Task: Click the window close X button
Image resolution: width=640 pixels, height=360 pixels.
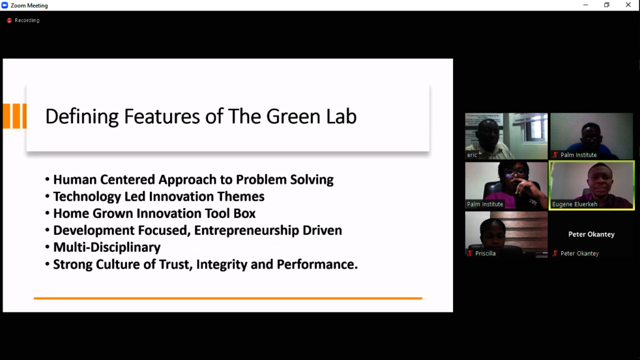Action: coord(628,5)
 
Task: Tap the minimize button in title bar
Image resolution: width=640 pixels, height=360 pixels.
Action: coord(586,5)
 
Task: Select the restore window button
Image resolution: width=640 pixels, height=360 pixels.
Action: coord(607,5)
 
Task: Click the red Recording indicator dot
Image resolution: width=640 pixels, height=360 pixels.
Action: coord(9,21)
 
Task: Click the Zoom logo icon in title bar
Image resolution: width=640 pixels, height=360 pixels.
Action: coord(4,5)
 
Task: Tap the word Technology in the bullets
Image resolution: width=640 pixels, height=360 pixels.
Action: coord(87,197)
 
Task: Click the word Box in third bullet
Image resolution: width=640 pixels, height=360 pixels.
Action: coord(244,214)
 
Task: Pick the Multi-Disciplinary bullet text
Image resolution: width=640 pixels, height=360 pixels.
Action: coord(107,247)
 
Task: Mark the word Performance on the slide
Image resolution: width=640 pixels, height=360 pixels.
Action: coord(317,264)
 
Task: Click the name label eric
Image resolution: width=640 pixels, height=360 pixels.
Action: coord(472,155)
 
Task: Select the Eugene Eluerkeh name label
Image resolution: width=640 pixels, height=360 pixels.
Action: coord(575,204)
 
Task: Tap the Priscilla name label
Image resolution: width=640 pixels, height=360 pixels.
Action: coord(485,254)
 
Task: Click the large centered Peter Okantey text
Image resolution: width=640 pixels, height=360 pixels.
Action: coord(591,234)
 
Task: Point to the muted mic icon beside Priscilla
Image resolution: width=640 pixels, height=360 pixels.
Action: coord(470,254)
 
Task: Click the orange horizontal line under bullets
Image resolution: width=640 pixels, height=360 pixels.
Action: coord(227,298)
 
